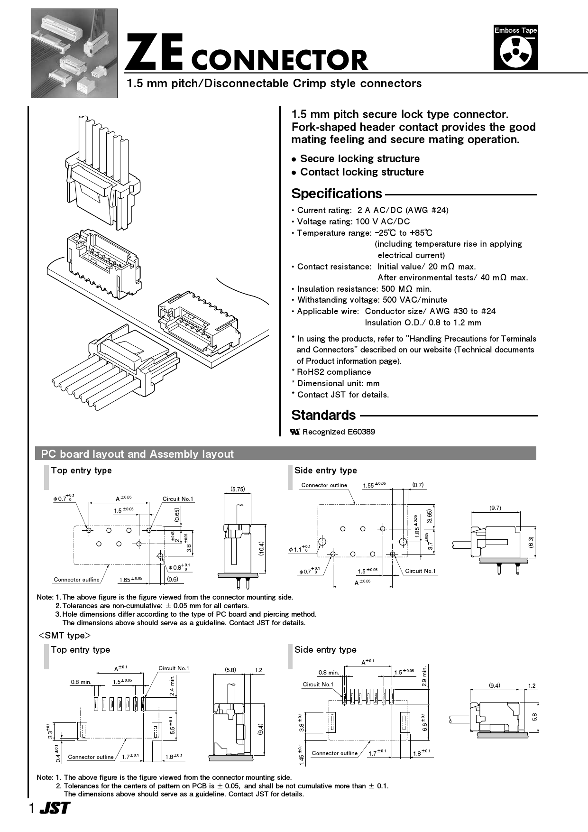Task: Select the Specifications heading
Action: (x=336, y=194)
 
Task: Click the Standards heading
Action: (x=323, y=415)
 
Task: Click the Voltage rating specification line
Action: (x=353, y=222)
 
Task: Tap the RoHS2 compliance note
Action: (x=333, y=372)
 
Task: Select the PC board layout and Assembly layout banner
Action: (x=138, y=454)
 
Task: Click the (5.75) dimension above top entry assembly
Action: (x=238, y=489)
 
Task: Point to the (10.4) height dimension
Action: (x=261, y=549)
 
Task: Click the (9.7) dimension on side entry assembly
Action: (x=495, y=508)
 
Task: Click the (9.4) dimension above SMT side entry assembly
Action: (x=494, y=685)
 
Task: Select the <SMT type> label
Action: (x=64, y=635)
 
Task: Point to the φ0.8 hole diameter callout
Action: (x=179, y=567)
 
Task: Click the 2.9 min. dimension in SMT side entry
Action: (x=424, y=677)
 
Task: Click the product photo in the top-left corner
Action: (x=74, y=53)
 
